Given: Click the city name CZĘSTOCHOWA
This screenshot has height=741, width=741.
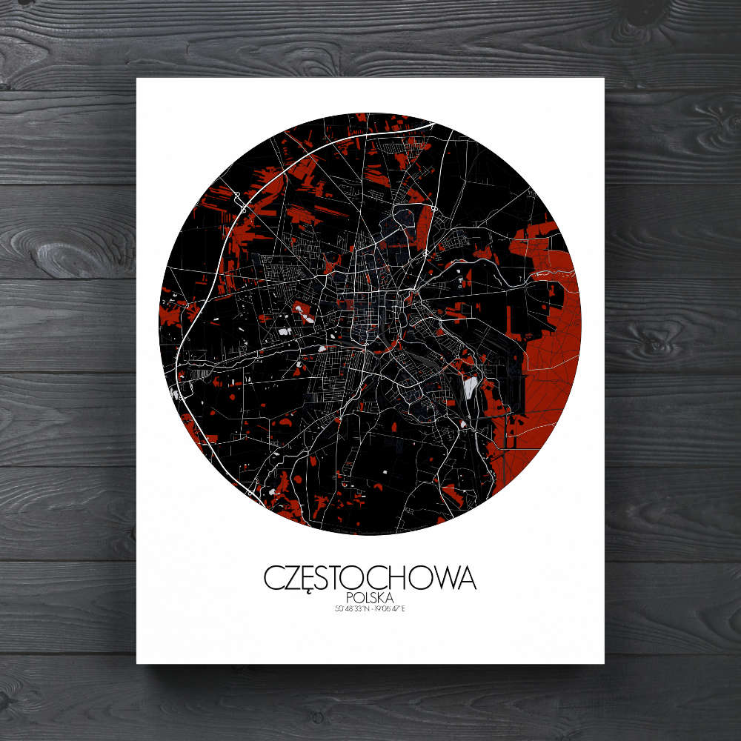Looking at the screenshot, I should click(370, 578).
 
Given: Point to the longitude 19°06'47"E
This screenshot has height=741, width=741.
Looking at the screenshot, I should click(391, 610).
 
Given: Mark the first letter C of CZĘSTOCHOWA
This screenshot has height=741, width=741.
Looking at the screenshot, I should click(273, 578).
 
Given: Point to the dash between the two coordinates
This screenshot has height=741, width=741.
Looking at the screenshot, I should click(370, 610).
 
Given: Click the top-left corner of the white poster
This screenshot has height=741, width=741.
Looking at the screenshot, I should click(137, 78).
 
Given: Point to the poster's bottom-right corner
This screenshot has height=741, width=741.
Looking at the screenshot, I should click(604, 663).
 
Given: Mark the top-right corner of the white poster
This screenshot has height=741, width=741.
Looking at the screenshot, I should click(604, 78).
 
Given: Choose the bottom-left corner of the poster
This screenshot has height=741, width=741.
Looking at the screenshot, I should click(137, 663).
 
